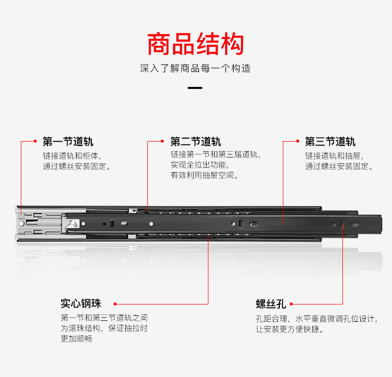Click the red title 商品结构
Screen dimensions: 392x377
tap(196, 44)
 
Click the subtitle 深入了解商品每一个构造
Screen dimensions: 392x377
tap(196, 69)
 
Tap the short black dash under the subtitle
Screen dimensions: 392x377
tap(196, 88)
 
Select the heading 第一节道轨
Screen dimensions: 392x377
tap(68, 142)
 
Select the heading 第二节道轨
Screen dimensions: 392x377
tap(196, 142)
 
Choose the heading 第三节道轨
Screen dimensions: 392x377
tap(330, 142)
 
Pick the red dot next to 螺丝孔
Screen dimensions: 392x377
tap(291, 304)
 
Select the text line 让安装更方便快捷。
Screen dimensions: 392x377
tap(289, 329)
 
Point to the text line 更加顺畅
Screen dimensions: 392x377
tap(76, 339)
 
